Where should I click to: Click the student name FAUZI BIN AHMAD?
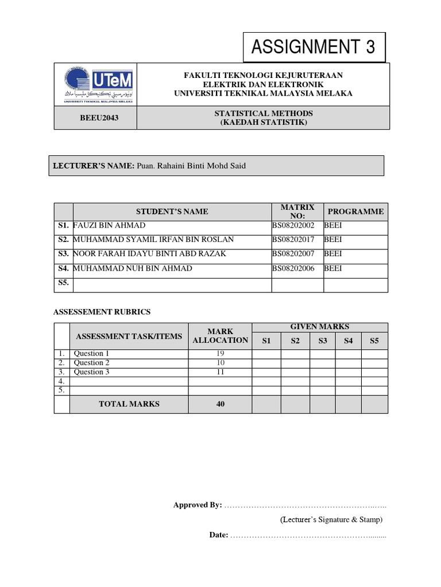[x=110, y=225]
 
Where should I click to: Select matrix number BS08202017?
[x=293, y=240]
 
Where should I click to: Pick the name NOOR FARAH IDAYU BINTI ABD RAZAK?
[x=150, y=253]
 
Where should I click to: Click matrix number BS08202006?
[x=293, y=268]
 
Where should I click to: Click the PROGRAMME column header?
[x=355, y=212]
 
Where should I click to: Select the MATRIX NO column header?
[x=297, y=212]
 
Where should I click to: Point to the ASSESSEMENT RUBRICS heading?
[x=102, y=312]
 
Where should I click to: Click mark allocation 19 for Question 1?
[x=220, y=354]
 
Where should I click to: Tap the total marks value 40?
[x=220, y=404]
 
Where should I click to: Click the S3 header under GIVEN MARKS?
[x=323, y=341]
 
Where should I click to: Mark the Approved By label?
[x=198, y=505]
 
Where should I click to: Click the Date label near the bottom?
[x=218, y=535]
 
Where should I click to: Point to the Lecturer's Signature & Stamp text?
[x=331, y=520]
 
